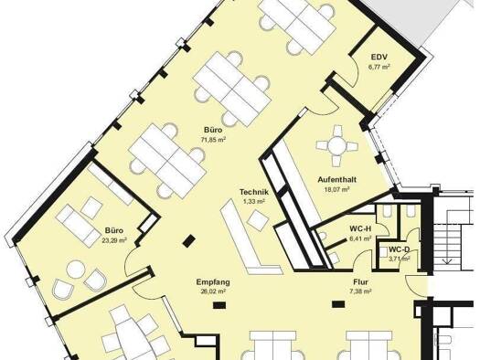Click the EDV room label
coord(379,58)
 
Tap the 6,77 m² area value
coord(379,67)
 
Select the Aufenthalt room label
coord(336,179)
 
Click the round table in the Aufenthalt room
coord(336,145)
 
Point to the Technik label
coord(254,192)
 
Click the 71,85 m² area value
coord(213,140)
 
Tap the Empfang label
coord(213,282)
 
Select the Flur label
coord(360,282)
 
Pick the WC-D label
coord(399,249)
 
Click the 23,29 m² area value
coord(114,240)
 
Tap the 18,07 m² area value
coord(336,189)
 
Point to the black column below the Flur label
coord(338,304)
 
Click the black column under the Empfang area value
coord(219,304)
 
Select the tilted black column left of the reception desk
coord(189,240)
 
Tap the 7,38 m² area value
coord(360,291)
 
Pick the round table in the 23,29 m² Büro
coord(76,270)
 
